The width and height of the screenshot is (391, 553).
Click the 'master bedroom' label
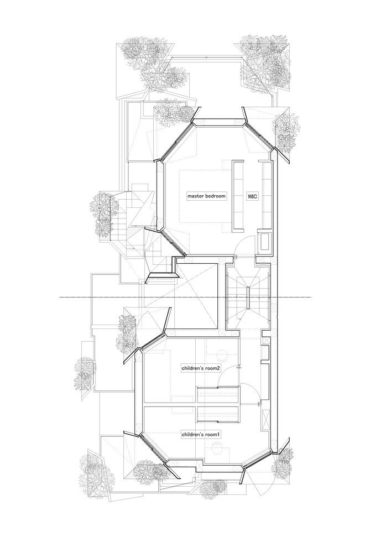[x=206, y=196]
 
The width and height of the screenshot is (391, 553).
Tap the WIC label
[x=252, y=196]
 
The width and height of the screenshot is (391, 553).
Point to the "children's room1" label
[x=201, y=435]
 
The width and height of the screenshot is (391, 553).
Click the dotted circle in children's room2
[x=222, y=354]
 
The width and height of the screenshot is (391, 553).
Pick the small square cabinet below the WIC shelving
[x=264, y=242]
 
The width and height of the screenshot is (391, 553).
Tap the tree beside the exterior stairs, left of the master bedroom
[x=102, y=216]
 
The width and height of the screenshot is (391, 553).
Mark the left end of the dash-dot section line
[x=61, y=298]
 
